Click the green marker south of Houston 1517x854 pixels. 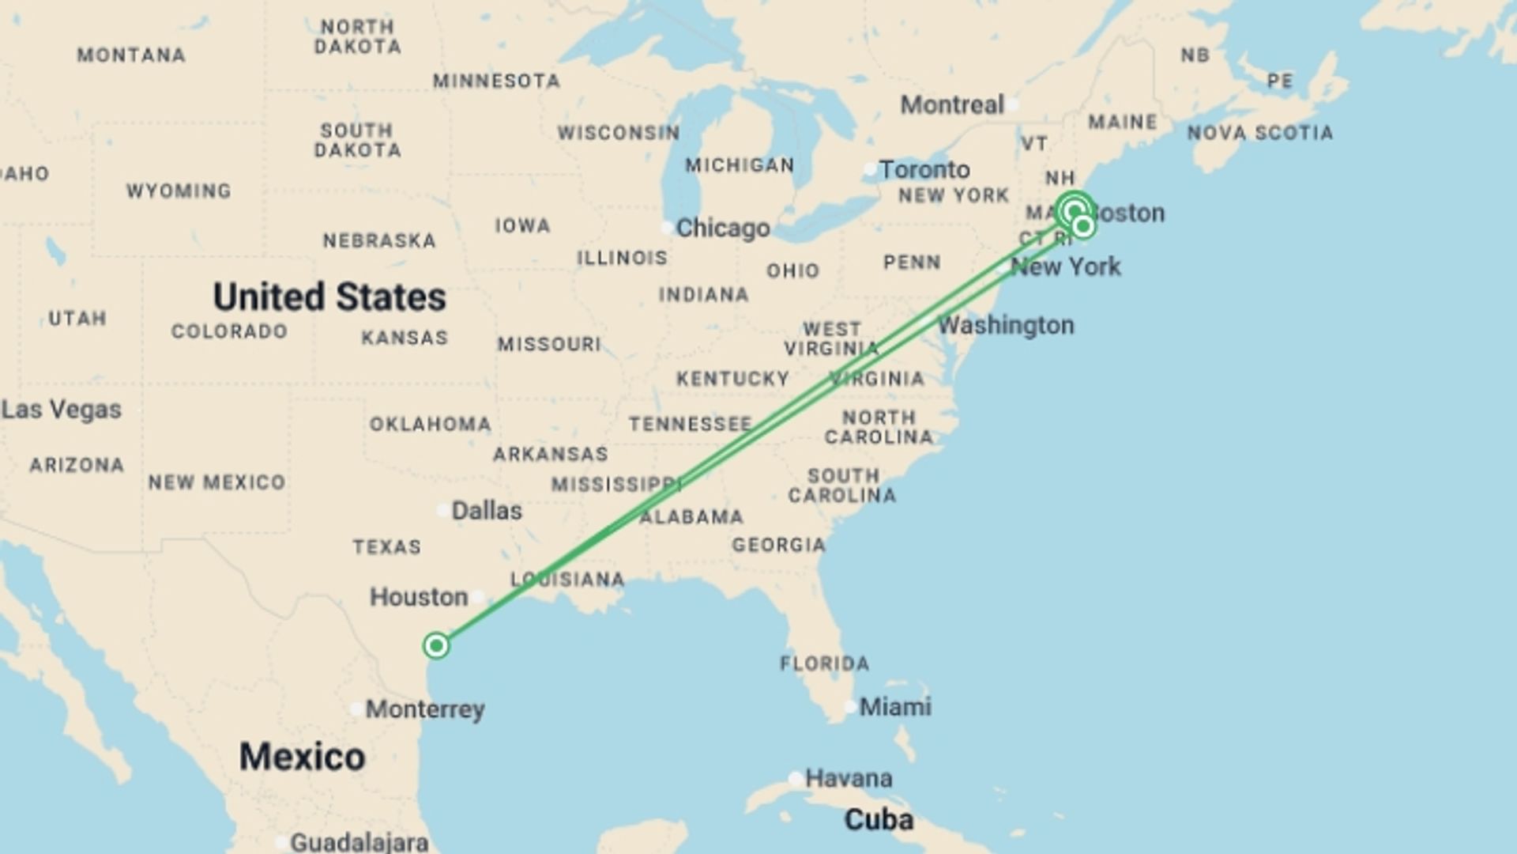pos(436,646)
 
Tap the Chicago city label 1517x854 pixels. pos(722,229)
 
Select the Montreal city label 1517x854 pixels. pos(952,105)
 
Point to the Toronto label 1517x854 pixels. pos(924,170)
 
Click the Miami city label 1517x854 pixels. pos(894,707)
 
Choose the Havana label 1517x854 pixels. pos(849,779)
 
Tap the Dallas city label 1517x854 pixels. pos(486,511)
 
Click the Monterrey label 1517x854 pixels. pos(425,709)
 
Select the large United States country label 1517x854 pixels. pos(329,297)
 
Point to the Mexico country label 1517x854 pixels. pos(302,757)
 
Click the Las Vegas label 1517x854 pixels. pos(62,410)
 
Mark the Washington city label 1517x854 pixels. pos(1006,325)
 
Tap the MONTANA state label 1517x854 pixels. pos(131,55)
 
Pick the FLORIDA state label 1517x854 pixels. pos(824,663)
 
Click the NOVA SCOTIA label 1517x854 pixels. pos(1259,133)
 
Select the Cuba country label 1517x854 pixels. pos(879,820)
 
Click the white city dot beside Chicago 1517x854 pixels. pos(667,228)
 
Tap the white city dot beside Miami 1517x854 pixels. pos(850,707)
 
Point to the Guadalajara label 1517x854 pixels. pos(359,843)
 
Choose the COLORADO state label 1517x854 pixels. pos(229,331)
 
